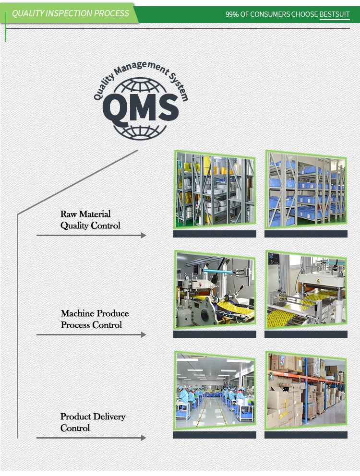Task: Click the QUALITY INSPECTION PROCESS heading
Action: (71, 13)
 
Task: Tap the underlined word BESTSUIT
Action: (335, 14)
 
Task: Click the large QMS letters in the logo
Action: (141, 108)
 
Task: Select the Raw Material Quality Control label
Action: (90, 220)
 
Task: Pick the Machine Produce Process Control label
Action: (95, 319)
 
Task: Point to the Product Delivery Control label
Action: (93, 422)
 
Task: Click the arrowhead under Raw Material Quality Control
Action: (143, 235)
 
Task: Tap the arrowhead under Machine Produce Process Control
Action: (143, 334)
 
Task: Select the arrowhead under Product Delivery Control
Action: (143, 438)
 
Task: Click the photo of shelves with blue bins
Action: (306, 190)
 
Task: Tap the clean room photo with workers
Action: (215, 391)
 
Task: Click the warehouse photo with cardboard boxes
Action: (306, 390)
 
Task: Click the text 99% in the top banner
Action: (232, 14)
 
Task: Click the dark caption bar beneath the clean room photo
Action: (215, 435)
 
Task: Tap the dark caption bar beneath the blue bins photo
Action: (306, 234)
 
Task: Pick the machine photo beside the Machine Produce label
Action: (215, 290)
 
